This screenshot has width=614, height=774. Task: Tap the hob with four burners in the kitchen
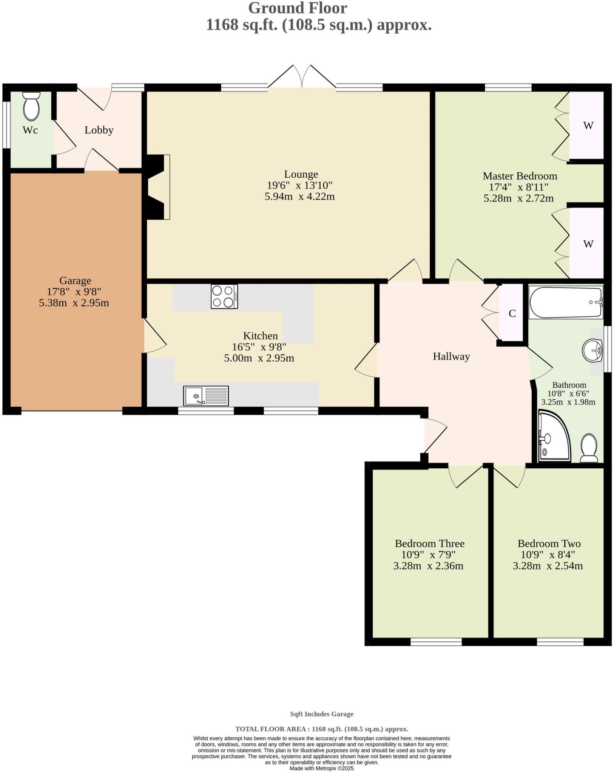coord(224,297)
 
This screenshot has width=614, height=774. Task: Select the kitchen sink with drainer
coord(206,396)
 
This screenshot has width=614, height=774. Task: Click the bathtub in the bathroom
coord(565,302)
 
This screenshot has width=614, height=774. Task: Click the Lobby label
coord(99,130)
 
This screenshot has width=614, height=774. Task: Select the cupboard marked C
coord(512,314)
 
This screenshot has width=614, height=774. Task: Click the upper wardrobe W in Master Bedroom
coord(588,125)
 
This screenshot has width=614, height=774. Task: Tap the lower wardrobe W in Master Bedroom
coord(588,244)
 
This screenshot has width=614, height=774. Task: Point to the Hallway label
coord(451,356)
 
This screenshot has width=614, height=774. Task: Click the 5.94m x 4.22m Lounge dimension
coord(299,197)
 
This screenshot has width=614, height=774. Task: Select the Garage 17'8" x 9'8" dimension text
coord(75,292)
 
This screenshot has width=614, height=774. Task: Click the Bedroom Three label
coord(429,543)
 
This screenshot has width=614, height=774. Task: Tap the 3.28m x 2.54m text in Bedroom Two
coord(548,566)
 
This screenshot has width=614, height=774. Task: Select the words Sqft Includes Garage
coord(322,714)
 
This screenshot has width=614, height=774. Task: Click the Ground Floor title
coord(298,8)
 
